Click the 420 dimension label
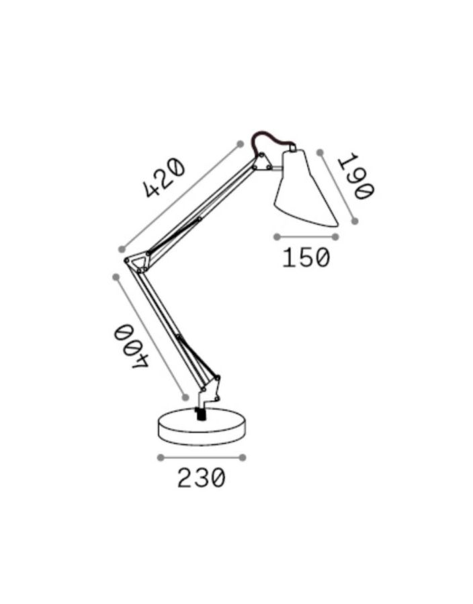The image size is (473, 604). tap(165, 178)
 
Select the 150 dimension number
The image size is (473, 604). tap(306, 258)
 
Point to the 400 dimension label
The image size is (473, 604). tap(129, 345)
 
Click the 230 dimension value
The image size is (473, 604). tap(201, 479)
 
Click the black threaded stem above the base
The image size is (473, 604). tap(200, 412)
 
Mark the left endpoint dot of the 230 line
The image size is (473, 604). tap(160, 458)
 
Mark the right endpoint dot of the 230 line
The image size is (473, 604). tap(243, 458)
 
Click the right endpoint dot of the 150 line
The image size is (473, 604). tap(336, 236)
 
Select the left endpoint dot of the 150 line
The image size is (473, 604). tap(277, 236)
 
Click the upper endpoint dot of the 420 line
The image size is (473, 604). tap(240, 144)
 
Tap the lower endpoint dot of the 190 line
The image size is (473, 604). tap(355, 220)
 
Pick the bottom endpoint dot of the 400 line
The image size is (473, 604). tap(186, 397)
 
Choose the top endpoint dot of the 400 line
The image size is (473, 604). tap(116, 276)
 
